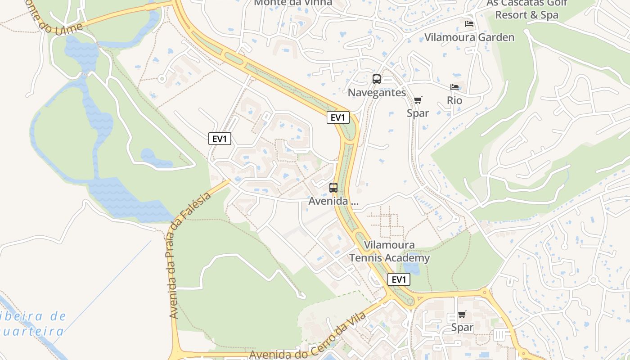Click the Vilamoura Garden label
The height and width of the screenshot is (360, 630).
click(x=469, y=37)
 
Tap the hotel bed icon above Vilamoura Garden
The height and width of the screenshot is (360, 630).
click(x=469, y=23)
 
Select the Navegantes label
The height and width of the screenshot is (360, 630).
click(x=377, y=93)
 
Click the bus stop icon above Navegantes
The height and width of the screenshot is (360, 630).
click(x=377, y=79)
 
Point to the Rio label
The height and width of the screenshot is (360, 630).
click(x=454, y=100)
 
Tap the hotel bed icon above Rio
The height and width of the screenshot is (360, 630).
click(x=454, y=87)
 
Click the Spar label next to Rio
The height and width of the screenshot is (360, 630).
click(x=418, y=113)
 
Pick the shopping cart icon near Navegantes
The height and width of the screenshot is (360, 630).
click(x=418, y=100)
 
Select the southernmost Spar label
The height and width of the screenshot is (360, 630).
click(x=462, y=328)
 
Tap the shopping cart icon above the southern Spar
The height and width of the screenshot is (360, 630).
click(x=462, y=314)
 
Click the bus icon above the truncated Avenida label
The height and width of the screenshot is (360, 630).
click(x=333, y=188)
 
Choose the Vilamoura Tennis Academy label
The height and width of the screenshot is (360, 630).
click(x=390, y=252)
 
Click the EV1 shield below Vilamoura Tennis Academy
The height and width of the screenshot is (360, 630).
click(x=399, y=279)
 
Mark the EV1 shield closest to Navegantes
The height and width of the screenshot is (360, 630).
click(x=338, y=117)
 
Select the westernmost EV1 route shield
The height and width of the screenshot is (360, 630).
click(x=220, y=139)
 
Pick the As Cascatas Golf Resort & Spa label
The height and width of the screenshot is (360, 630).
click(x=526, y=9)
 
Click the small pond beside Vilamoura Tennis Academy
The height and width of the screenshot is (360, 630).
click(x=411, y=269)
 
